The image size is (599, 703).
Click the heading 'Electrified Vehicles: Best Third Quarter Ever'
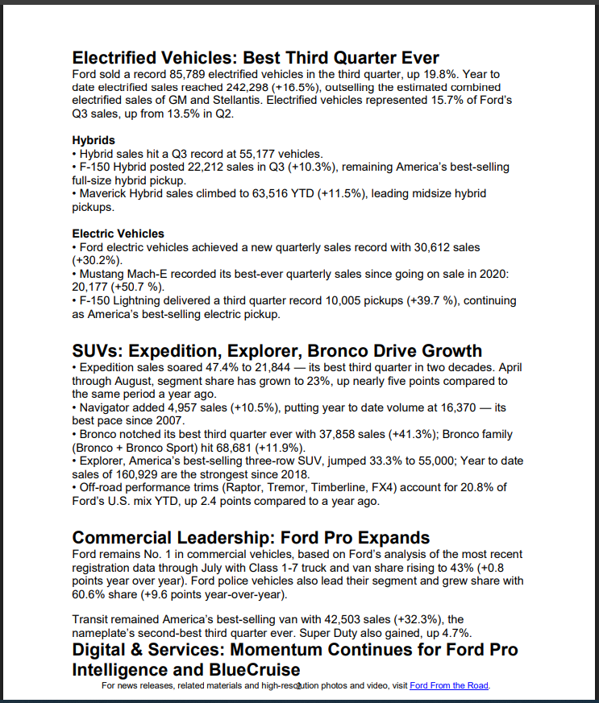[x=256, y=58]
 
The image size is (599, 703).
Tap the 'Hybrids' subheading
[x=94, y=140]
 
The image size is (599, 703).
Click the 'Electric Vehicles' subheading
[x=118, y=234]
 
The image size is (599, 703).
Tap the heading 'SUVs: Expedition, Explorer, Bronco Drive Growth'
[x=277, y=351]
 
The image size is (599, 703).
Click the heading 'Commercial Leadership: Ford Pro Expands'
[x=251, y=537]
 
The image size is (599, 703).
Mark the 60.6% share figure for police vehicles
[x=89, y=594]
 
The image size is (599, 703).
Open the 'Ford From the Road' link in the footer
[x=449, y=685]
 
